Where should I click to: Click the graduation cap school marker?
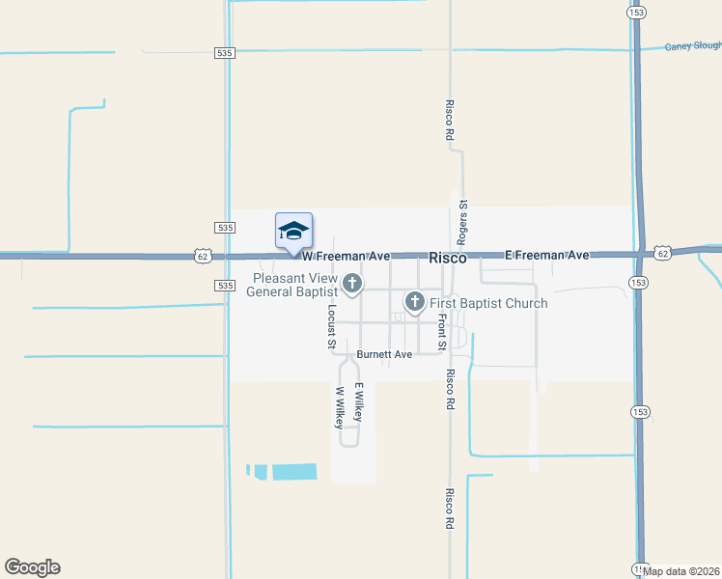point(293,231)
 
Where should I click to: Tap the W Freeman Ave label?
point(346,257)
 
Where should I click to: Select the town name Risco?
point(447,259)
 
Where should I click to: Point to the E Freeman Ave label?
point(547,256)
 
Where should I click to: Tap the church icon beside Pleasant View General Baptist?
point(352,283)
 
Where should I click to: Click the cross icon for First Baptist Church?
point(415,302)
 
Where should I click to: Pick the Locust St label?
point(331,326)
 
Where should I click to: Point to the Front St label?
point(441,332)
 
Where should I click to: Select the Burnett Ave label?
point(384,354)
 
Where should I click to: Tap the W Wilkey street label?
point(339,407)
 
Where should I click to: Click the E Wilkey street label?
point(358,401)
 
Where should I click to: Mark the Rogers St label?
point(463,222)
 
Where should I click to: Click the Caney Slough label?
point(692,46)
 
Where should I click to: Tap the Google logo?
point(32,567)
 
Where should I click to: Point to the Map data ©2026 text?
point(681,570)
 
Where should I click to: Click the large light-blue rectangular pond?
point(294,472)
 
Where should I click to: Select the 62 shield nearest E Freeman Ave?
point(661,252)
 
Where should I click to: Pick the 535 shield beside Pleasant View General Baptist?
point(224,286)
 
